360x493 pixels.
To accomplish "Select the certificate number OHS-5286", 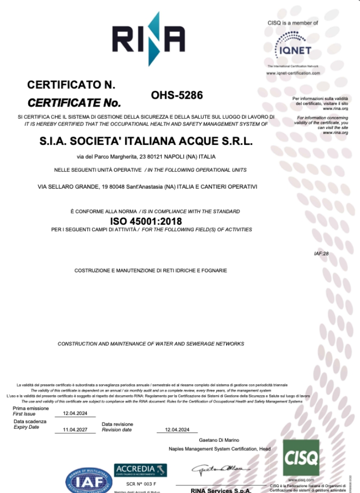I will click(x=177, y=95).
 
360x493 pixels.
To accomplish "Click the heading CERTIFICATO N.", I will click(x=71, y=85).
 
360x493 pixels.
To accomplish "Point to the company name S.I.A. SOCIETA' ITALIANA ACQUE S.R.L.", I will click(x=146, y=141).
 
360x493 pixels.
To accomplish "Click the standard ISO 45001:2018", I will click(x=145, y=221).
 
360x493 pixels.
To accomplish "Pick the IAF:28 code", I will click(x=321, y=254).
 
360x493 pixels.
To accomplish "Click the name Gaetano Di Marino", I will click(x=219, y=440).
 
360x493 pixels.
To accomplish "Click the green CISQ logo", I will click(x=301, y=457).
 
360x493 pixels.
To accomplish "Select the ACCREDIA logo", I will click(x=141, y=470).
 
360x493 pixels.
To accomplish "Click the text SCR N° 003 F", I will click(x=141, y=483).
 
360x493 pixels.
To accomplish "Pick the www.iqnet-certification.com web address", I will click(x=293, y=73).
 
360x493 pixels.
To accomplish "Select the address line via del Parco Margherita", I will click(x=146, y=157).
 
